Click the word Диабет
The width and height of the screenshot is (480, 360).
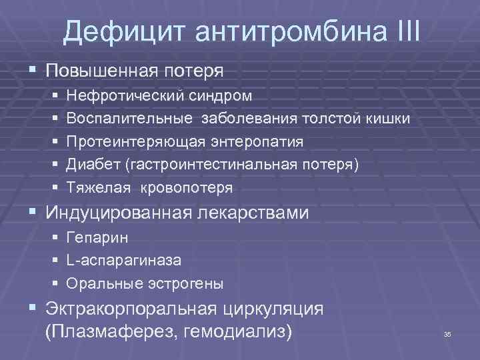tap(99, 165)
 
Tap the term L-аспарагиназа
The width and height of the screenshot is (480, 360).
tap(124, 261)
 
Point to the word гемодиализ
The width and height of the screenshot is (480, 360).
tap(235, 331)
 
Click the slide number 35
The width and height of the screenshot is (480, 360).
tap(447, 333)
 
